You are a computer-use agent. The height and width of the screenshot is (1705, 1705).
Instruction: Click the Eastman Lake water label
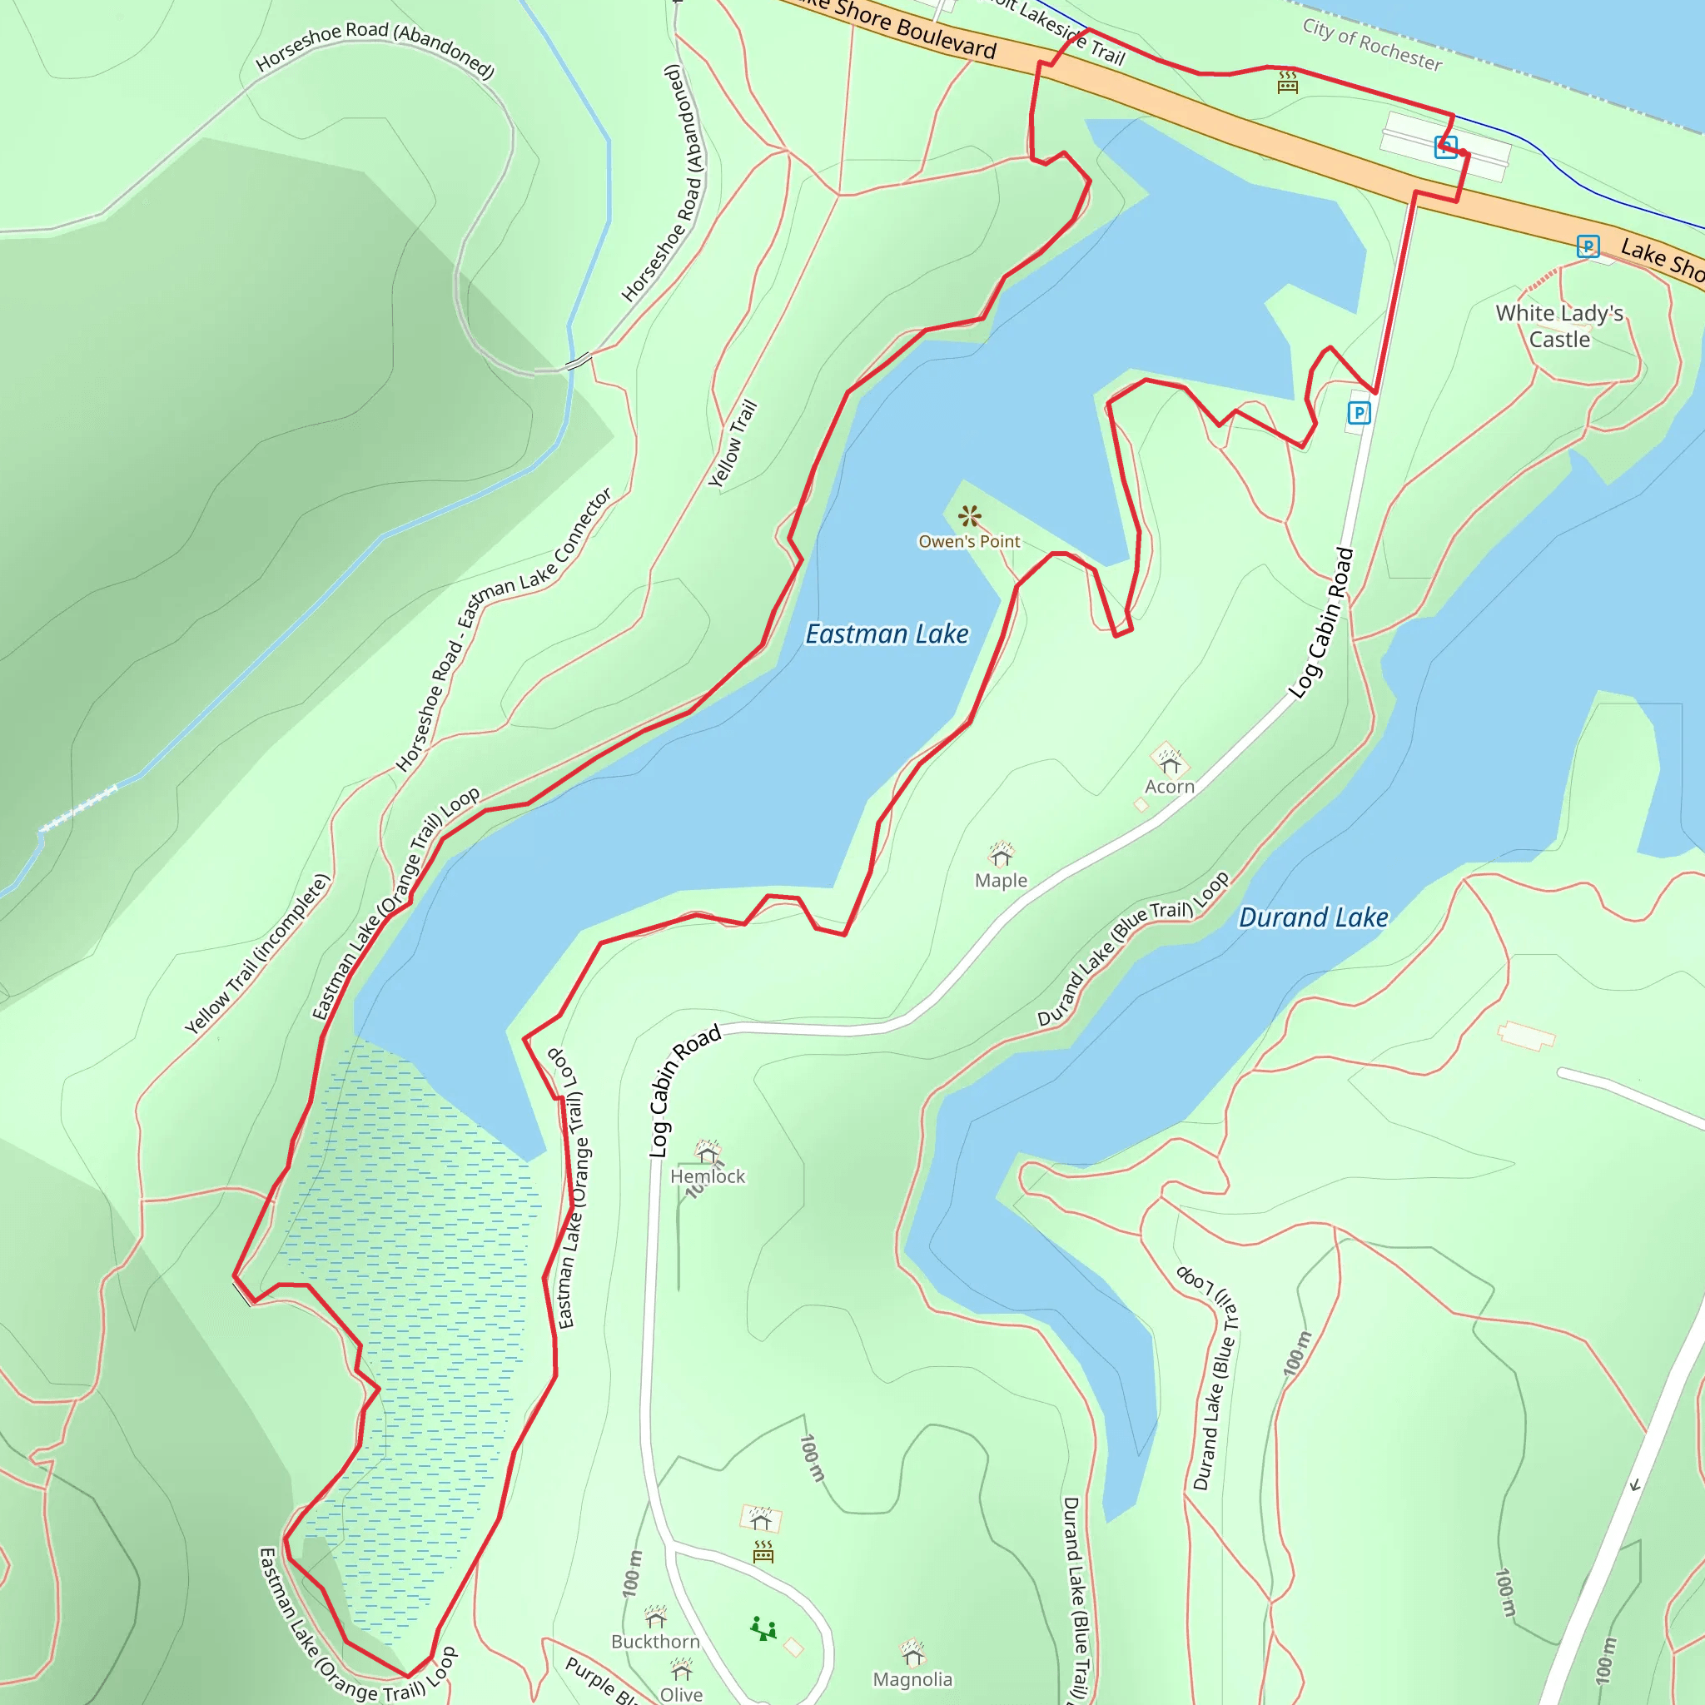coord(887,634)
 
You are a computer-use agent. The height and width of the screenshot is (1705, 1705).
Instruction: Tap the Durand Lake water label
coord(1313,917)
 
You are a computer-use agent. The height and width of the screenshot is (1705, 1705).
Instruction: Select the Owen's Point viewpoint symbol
coord(970,516)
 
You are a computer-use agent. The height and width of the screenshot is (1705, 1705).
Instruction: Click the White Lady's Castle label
coord(1559,326)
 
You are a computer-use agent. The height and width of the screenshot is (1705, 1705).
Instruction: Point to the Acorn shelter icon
coord(1170,761)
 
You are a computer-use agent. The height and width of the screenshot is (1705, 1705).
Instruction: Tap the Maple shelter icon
coord(1001,855)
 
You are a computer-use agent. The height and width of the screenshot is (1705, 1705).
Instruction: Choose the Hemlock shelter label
coord(708,1176)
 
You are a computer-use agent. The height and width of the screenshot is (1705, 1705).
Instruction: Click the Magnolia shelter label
coord(912,1679)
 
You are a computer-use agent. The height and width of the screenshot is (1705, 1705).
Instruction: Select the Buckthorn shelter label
coord(655,1642)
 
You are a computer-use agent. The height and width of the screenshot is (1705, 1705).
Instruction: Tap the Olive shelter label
coord(681,1694)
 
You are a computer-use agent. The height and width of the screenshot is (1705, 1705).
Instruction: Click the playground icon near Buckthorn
coord(763,1629)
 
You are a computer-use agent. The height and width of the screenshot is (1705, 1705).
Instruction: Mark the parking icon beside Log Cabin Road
coord(1359,412)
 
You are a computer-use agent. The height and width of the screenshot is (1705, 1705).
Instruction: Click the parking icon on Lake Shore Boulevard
coord(1588,246)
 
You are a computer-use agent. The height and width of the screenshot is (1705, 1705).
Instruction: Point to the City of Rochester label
coord(1372,44)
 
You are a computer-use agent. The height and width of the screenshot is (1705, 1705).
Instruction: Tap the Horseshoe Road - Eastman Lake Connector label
coord(504,630)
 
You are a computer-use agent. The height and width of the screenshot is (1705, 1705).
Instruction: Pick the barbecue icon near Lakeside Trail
coord(1288,82)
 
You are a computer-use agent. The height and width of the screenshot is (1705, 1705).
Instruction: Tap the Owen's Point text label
coord(969,542)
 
